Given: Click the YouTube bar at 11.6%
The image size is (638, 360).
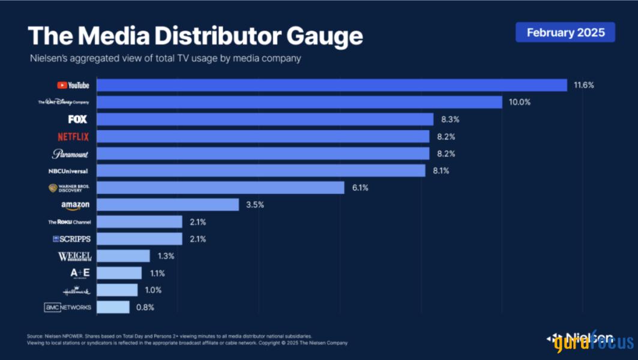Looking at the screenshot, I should pos(332,85).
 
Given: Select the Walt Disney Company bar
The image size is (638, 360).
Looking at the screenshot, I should pos(299,103).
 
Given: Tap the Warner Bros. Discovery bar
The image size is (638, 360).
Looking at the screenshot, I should pos(220,188).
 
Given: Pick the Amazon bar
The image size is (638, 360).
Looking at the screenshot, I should pos(168,205).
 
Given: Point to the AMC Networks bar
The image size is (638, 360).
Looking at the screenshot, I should pos(113,307).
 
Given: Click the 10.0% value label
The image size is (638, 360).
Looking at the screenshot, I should pos(519,103).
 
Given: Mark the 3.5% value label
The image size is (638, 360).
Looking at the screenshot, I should pos(255,205).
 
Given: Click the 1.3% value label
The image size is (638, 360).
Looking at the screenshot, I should pos(165,256).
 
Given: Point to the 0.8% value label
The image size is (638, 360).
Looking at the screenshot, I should pos(145,307).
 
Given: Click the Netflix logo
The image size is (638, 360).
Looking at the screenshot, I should pos(73,137).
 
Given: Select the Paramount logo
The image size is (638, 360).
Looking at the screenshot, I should pos(70,154).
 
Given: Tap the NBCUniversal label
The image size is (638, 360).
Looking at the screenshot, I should pos(68,171).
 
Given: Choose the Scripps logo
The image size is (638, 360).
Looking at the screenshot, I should pos(71,239).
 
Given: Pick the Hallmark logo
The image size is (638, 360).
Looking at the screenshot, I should pos(76,290).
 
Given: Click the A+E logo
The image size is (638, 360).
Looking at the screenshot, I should pos(80,273).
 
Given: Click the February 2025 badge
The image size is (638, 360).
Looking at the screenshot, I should pos(565,32).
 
